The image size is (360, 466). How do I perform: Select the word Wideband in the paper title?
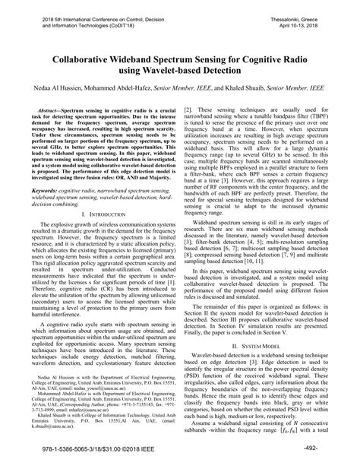coord(141,55)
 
